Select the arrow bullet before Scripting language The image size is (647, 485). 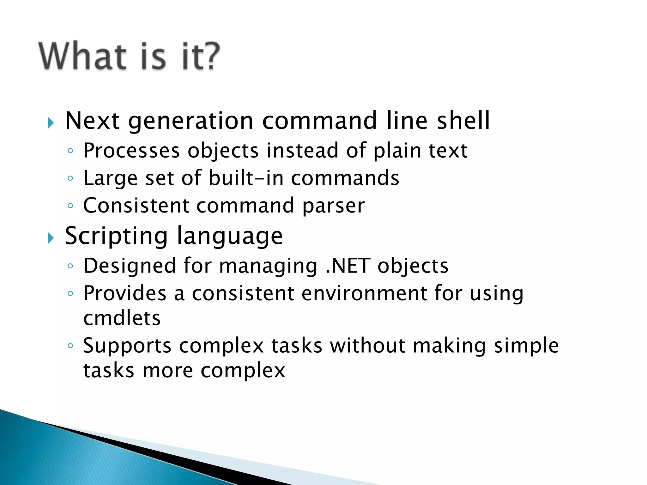(x=51, y=238)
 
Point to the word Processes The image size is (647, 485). (x=131, y=151)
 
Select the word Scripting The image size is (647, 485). (x=116, y=236)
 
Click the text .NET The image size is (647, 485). (x=348, y=266)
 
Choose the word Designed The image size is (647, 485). (x=130, y=266)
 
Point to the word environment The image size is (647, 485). (x=364, y=293)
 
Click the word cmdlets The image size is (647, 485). (x=122, y=318)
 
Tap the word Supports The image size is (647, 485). (x=127, y=346)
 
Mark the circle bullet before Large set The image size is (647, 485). (x=70, y=178)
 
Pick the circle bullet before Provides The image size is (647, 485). (x=70, y=294)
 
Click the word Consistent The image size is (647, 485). (x=136, y=206)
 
